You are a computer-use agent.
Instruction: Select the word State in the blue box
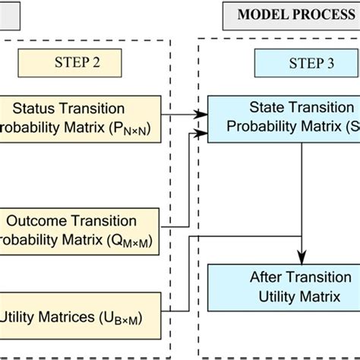coord(266,108)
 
